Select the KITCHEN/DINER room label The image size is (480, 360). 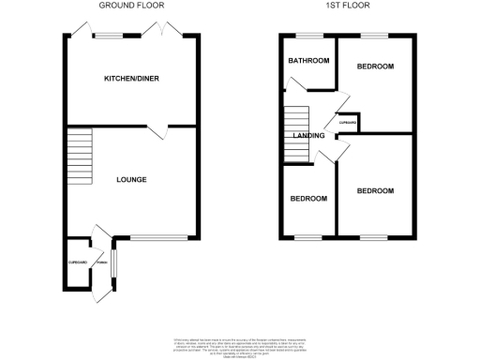[x=131, y=80]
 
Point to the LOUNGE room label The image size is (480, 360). [x=131, y=178]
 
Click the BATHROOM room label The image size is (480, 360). [x=308, y=61]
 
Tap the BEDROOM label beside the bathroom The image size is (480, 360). [x=375, y=67]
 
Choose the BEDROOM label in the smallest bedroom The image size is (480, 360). [x=308, y=199]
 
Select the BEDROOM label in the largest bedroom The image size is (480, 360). [x=375, y=190]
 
